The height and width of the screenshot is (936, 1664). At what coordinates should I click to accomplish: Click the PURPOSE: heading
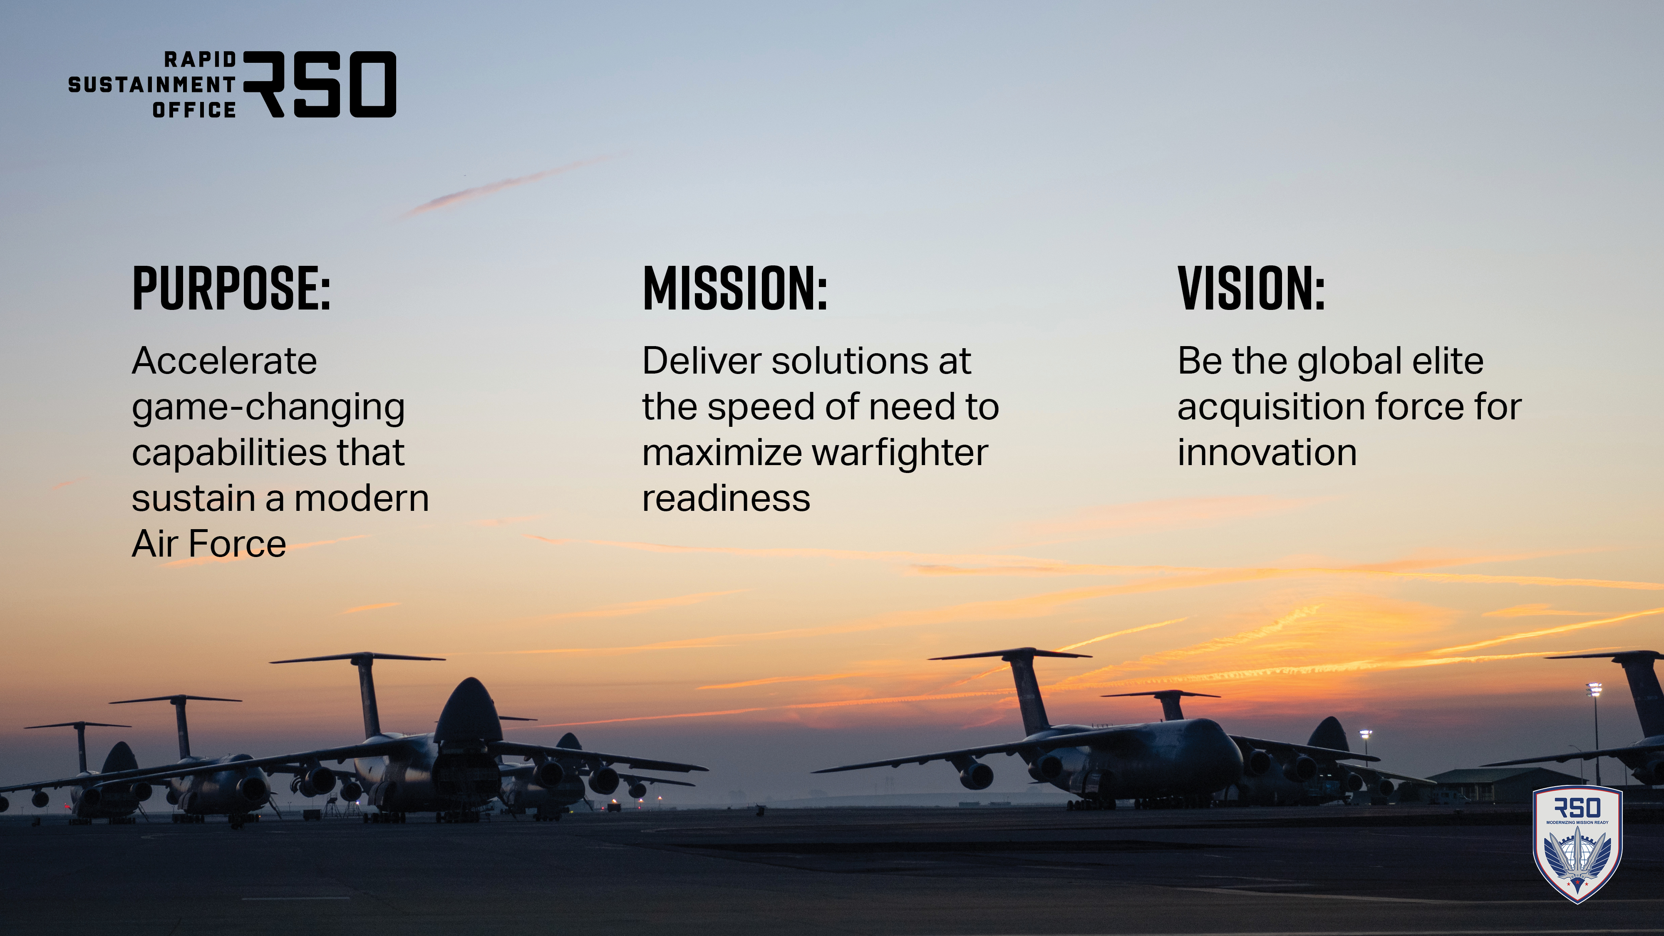point(231,288)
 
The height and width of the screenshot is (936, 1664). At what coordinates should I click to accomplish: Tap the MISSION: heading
point(735,288)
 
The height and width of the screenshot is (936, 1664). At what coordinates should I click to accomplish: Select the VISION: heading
point(1251,288)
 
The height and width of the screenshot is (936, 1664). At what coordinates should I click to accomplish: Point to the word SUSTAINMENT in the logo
point(152,84)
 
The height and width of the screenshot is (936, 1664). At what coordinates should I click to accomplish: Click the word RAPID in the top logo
point(200,59)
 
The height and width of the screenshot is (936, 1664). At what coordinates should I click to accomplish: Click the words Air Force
point(208,544)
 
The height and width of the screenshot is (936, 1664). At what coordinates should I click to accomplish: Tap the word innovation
point(1267,452)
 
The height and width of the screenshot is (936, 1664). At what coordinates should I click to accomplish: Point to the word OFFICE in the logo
point(194,110)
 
